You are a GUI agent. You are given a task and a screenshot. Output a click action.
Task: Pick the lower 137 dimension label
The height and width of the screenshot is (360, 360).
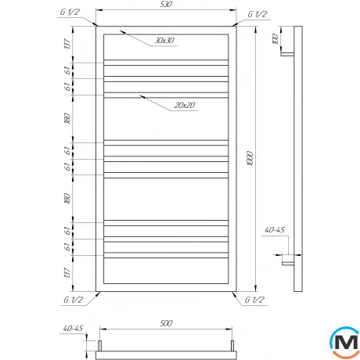tap(69, 273)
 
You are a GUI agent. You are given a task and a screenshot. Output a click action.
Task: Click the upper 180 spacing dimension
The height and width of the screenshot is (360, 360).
tap(69, 119)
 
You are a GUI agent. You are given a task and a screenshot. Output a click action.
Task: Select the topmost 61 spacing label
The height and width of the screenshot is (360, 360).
tap(69, 70)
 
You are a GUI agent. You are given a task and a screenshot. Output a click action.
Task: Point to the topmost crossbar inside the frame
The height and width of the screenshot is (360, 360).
tap(164, 62)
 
